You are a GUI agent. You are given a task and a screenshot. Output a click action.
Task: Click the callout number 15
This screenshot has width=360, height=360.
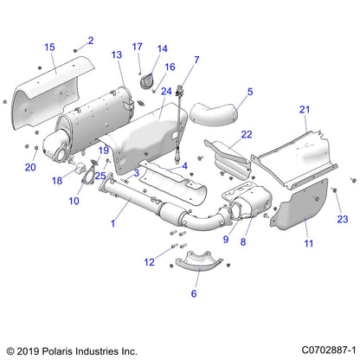point(49,47)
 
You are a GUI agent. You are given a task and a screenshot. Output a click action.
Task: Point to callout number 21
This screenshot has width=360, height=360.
point(304,110)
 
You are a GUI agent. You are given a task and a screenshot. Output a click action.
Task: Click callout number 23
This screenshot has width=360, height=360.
point(342,218)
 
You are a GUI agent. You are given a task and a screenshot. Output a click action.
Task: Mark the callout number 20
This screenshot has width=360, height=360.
point(29,167)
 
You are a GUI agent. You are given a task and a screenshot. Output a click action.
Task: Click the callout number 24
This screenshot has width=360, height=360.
point(165,91)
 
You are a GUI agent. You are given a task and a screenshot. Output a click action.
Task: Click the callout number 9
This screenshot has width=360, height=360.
point(226,240)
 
